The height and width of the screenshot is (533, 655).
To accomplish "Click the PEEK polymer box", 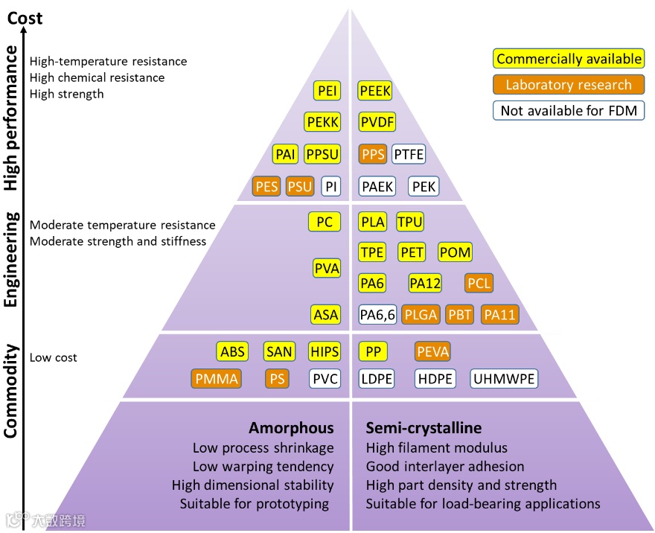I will click(x=375, y=91).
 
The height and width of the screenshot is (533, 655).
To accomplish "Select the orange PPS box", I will click(x=373, y=155).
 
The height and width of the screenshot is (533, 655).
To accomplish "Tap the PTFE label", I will click(x=408, y=155).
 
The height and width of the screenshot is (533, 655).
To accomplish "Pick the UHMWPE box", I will click(x=504, y=378).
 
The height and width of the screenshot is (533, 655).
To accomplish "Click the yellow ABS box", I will click(x=233, y=351).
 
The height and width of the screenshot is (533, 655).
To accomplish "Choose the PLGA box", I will click(x=421, y=315).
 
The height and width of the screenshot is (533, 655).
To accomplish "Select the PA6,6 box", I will click(x=377, y=315).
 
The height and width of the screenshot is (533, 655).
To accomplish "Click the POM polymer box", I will click(x=455, y=252).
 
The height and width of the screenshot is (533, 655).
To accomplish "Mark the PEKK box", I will click(x=322, y=122).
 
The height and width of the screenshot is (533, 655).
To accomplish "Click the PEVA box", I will click(x=432, y=351).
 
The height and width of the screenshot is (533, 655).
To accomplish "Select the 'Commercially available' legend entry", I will click(x=569, y=59).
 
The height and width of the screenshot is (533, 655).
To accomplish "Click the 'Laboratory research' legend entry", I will click(x=569, y=85).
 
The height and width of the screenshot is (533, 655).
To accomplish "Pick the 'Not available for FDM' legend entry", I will click(x=569, y=111).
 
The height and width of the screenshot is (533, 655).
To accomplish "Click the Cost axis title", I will click(x=25, y=17).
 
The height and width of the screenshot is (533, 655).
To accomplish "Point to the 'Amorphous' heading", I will click(x=291, y=428).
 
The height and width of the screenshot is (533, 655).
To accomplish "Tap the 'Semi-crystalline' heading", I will click(x=424, y=428).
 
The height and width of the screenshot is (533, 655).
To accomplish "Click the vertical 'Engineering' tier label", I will click(x=12, y=258).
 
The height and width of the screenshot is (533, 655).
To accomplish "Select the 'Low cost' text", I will click(x=54, y=358).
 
